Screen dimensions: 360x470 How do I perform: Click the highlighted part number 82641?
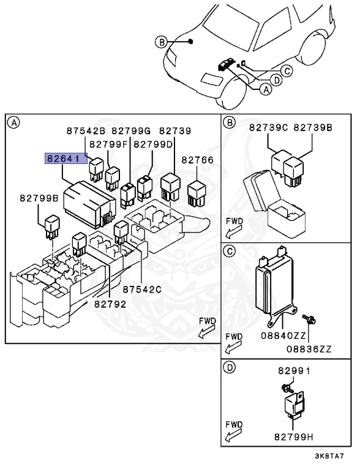pos(64,159)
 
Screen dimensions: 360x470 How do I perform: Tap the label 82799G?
pos(131,131)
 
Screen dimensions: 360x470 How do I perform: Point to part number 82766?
pos(197,160)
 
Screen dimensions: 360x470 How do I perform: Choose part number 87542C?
pos(142,289)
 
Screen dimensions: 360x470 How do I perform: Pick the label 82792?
pos(110,304)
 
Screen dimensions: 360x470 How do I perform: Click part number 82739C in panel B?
pos(268,128)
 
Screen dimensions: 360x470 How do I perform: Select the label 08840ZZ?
pos(283,335)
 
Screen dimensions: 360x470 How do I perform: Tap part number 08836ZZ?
pos(309,349)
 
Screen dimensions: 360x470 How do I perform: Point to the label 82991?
pos(294,371)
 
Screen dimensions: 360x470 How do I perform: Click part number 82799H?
pos(294,437)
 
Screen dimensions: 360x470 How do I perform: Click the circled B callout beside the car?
pos(162,42)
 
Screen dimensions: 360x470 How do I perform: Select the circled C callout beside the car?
pos(287,71)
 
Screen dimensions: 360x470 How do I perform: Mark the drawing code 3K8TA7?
pos(329,456)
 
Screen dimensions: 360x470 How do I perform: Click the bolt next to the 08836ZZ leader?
pos(309,319)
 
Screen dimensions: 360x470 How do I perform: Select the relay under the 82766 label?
pos(197,193)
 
